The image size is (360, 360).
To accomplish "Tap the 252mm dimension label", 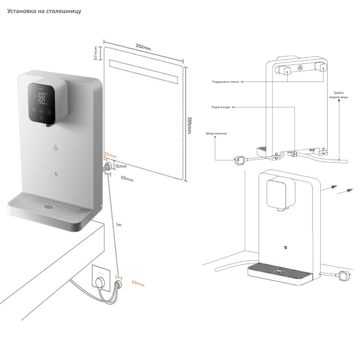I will tap(144, 47).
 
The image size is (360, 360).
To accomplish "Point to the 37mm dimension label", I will tap(96, 53).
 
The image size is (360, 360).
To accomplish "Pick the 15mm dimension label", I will tap(120, 166).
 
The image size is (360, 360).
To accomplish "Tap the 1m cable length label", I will tap(119, 225).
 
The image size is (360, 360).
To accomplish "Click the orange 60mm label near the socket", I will tap(138, 283).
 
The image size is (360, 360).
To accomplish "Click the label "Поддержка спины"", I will tap(225, 82).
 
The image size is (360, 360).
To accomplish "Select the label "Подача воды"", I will tap(221, 107).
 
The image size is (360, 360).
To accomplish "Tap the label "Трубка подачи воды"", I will tap(339, 95).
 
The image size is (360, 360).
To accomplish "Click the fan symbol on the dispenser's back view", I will tap(300, 68).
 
